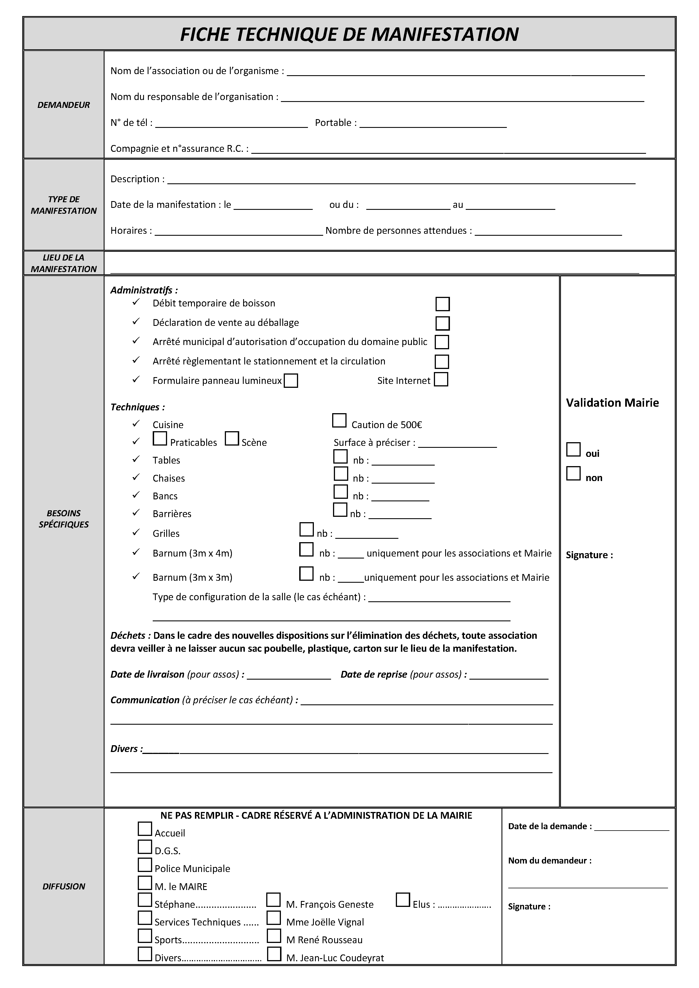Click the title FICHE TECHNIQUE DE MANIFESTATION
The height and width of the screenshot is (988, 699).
click(x=349, y=34)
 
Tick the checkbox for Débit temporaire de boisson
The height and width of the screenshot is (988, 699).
click(x=442, y=304)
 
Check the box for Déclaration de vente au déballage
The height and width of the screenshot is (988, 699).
click(x=442, y=323)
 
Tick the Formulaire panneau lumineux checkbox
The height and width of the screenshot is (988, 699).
click(x=291, y=380)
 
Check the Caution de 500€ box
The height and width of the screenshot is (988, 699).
click(x=339, y=420)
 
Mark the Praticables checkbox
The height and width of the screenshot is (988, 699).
click(x=160, y=439)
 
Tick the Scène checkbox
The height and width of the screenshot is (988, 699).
click(x=232, y=439)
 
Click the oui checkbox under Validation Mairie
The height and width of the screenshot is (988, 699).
click(x=573, y=449)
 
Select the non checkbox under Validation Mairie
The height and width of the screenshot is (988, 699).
click(x=573, y=473)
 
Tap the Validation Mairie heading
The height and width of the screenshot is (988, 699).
click(x=612, y=403)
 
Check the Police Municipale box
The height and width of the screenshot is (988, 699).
click(x=145, y=865)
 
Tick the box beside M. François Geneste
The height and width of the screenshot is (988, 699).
click(x=274, y=900)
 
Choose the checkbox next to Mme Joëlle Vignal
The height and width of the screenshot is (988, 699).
click(x=274, y=918)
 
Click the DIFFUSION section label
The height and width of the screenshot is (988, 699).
click(x=64, y=886)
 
